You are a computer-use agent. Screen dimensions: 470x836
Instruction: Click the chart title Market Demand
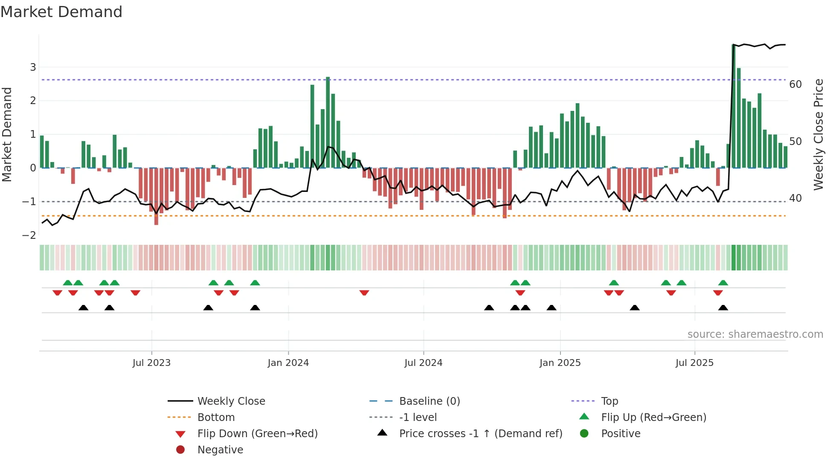pyautogui.click(x=61, y=12)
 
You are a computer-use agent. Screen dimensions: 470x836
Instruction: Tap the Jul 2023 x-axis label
pyautogui.click(x=151, y=363)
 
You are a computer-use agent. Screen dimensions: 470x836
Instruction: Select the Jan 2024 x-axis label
pyautogui.click(x=288, y=363)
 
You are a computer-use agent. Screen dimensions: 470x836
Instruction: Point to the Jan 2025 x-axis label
pyautogui.click(x=560, y=363)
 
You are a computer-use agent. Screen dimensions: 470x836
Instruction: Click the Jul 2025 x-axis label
pyautogui.click(x=694, y=363)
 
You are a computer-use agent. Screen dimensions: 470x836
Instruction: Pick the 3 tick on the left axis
pyautogui.click(x=33, y=67)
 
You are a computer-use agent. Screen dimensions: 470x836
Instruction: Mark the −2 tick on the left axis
pyautogui.click(x=29, y=235)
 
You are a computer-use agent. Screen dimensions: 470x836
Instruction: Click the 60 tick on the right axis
pyautogui.click(x=795, y=84)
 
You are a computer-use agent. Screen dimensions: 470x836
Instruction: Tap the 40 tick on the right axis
pyautogui.click(x=795, y=198)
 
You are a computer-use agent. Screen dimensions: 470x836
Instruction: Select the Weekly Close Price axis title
pyautogui.click(x=818, y=134)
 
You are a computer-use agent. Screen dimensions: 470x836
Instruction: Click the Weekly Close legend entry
pyautogui.click(x=231, y=401)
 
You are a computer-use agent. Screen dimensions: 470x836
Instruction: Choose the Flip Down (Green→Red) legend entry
pyautogui.click(x=257, y=434)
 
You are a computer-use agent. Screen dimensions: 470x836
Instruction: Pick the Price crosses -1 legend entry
pyautogui.click(x=480, y=434)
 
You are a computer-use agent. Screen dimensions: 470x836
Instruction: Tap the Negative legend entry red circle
pyautogui.click(x=180, y=450)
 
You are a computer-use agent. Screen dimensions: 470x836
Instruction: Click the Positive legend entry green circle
pyautogui.click(x=584, y=433)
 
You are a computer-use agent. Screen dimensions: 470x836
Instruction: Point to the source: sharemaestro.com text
pyautogui.click(x=755, y=334)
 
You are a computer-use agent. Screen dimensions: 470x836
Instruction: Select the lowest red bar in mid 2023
pyautogui.click(x=156, y=196)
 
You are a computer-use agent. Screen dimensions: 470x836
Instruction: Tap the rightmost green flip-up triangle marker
pyautogui.click(x=723, y=283)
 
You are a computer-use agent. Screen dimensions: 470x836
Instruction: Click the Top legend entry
pyautogui.click(x=609, y=401)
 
